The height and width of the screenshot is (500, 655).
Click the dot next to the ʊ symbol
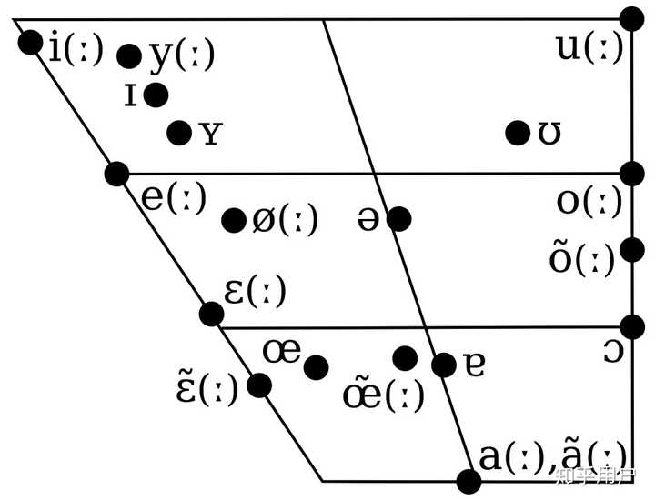pos(518,133)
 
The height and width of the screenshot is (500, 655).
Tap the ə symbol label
pos(368,220)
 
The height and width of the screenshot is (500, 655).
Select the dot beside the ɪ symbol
pos(156,94)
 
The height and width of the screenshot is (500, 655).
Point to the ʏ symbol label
pos(210,135)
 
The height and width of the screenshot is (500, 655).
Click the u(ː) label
pos(590,47)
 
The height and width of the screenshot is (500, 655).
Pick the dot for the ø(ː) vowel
pos(234,219)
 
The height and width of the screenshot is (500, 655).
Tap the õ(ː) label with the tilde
pos(583,257)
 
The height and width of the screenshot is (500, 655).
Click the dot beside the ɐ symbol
pos(444,365)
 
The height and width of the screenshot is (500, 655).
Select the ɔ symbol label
pos(613,351)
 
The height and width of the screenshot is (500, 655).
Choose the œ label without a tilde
pos(281,350)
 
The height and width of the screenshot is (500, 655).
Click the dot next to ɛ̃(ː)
pos(259,385)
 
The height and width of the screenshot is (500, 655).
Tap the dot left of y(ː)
pos(130,55)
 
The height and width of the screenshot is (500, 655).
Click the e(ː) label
pos(174,197)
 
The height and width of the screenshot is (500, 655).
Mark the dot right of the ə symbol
pos(398,218)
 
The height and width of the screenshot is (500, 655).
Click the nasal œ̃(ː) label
pos(383,394)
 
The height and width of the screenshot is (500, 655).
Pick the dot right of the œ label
pos(317,366)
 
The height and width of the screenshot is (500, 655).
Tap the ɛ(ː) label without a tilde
pos(255,291)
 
